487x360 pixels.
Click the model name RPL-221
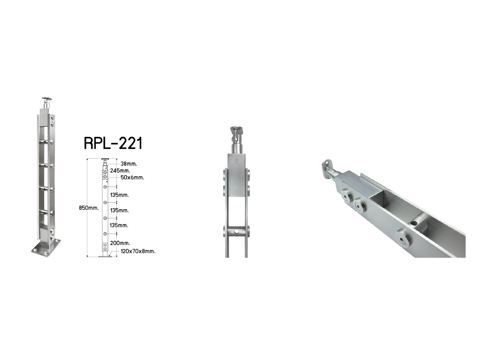113,143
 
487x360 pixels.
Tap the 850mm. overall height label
89,208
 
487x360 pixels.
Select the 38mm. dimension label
129,163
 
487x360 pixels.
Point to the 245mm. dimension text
120,171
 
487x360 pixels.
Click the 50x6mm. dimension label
132,177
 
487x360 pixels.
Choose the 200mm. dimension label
120,243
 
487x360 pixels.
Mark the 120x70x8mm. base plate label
138,251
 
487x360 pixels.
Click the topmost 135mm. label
119,195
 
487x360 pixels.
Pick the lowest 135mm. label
119,225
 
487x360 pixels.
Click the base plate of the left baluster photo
46,248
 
